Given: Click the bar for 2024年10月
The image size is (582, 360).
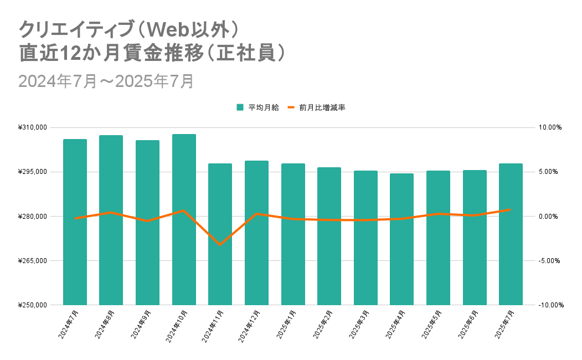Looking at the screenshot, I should coord(184,219).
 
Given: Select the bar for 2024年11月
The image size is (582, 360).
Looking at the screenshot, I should coord(220,234).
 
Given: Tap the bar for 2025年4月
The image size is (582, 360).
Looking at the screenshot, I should coord(401,239).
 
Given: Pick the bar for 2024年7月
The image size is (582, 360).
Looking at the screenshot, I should coord(75,222).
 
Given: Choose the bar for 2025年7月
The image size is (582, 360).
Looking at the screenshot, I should coord(511,234).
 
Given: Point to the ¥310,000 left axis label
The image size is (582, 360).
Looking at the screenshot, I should coord(33,127).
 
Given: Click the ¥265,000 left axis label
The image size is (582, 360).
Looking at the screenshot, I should coord(33,260).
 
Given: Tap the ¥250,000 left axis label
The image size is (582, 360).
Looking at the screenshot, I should coord(33,305).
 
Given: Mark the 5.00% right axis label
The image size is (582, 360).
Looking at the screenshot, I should coord(550,172).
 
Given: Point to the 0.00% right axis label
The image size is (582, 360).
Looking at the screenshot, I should coord(550,216).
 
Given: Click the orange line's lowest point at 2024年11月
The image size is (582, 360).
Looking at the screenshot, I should coord(220,244).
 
